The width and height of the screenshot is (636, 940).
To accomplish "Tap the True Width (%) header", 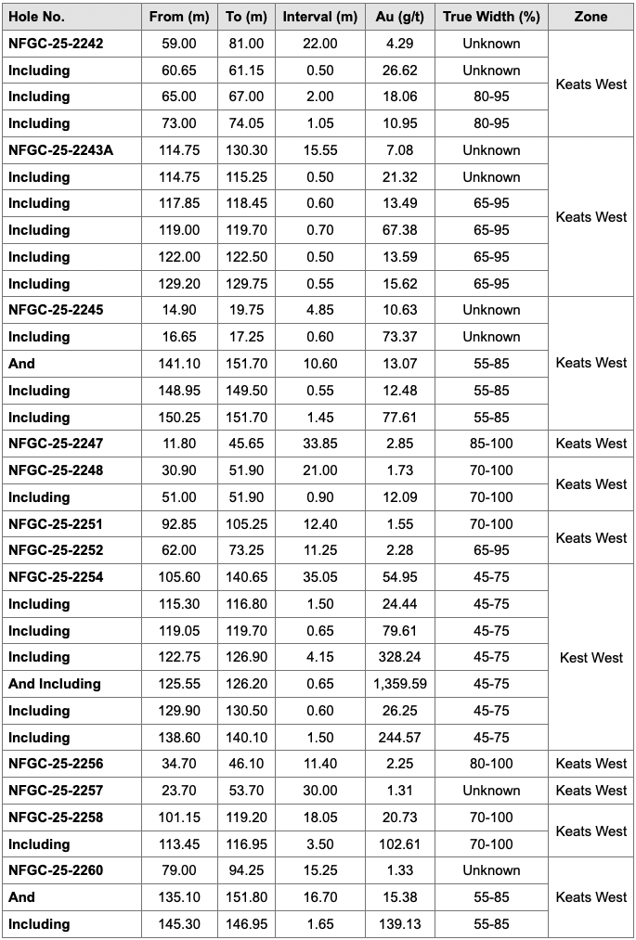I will pyautogui.click(x=491, y=17).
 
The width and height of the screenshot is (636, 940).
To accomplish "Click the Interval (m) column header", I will pyautogui.click(x=319, y=17).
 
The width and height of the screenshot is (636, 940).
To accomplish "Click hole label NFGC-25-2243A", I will pyautogui.click(x=61, y=150).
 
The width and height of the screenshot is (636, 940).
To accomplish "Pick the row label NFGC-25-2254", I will pyautogui.click(x=56, y=577).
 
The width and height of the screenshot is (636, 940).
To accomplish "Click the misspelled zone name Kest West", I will pyautogui.click(x=591, y=658).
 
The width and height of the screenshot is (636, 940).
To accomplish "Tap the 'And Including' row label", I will pyautogui.click(x=55, y=684).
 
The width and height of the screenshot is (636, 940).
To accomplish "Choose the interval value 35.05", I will pyautogui.click(x=319, y=577).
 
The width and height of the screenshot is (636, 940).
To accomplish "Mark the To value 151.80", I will pyautogui.click(x=245, y=897).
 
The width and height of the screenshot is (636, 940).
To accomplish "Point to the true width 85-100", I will pyautogui.click(x=491, y=444).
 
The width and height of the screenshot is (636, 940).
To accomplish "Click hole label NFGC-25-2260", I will pyautogui.click(x=56, y=870).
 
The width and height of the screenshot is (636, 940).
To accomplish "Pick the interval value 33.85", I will pyautogui.click(x=319, y=444).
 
